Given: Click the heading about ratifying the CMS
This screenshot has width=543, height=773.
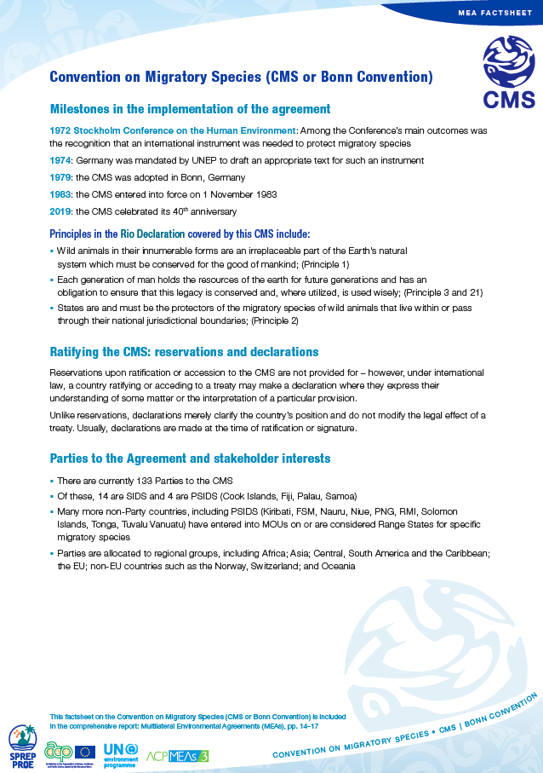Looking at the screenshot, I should click(x=184, y=351).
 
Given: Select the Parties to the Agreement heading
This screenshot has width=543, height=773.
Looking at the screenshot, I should click(x=191, y=459).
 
